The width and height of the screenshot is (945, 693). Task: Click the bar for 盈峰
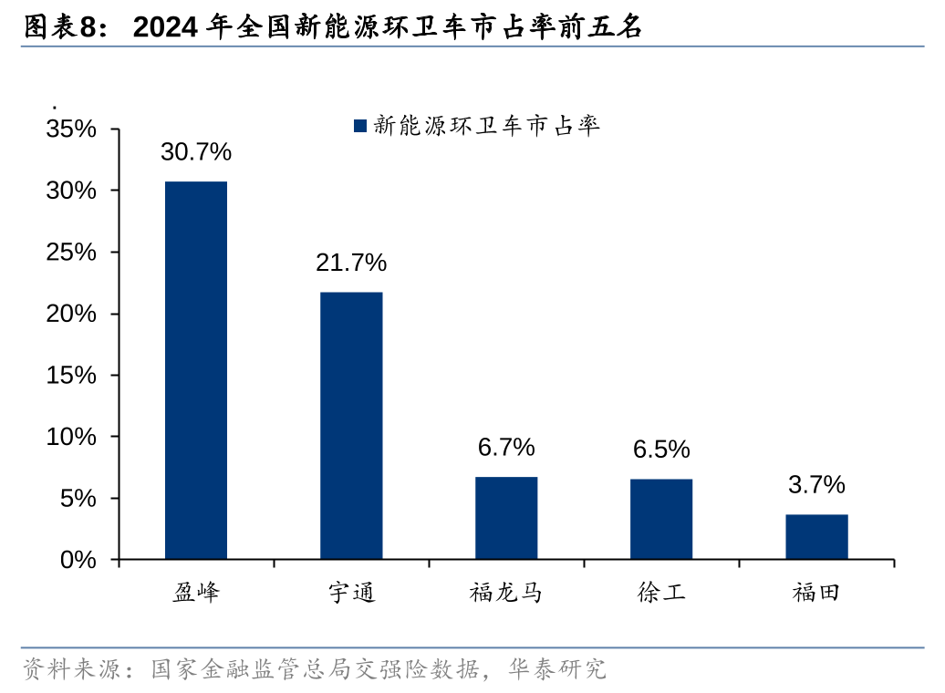[196, 370]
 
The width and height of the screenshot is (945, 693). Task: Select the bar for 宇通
[351, 426]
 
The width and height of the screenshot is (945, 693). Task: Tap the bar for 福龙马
[506, 518]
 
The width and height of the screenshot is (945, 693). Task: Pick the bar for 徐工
[661, 519]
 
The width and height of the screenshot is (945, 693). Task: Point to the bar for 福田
[816, 536]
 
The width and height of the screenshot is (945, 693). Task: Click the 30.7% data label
[196, 152]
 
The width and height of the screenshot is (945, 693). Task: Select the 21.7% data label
[351, 264]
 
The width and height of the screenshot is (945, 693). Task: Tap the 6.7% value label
[506, 448]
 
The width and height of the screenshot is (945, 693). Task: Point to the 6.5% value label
[661, 450]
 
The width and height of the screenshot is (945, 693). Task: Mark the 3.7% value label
[816, 485]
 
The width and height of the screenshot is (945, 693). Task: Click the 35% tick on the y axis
[71, 129]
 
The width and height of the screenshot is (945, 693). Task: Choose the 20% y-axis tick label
[71, 314]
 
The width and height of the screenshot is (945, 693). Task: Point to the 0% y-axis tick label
[78, 560]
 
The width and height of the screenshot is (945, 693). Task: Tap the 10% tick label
[71, 437]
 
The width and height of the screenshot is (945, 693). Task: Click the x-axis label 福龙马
[506, 594]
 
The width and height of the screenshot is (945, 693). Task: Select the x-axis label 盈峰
[196, 594]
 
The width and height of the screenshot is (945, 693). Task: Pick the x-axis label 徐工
[661, 594]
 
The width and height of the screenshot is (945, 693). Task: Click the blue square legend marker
[359, 126]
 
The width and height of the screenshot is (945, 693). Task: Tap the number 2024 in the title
[167, 28]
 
